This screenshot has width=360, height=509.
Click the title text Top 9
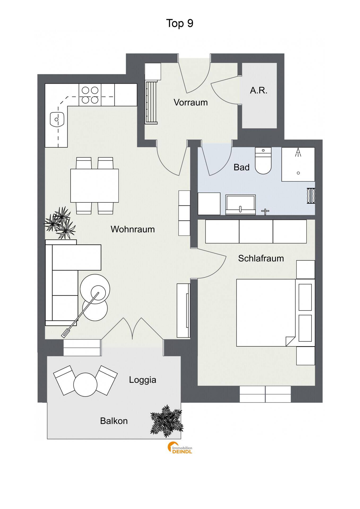point(180,23)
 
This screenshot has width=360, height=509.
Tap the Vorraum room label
point(190,102)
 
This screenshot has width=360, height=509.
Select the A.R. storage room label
point(259,91)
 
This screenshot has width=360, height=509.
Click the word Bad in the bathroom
point(241,167)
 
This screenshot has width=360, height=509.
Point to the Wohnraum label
point(133,229)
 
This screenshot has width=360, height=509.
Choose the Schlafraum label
point(261,258)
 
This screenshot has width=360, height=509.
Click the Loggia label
point(142,380)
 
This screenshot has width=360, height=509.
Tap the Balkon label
point(114,421)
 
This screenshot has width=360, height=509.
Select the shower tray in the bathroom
point(298,164)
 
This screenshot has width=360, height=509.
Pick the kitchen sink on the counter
point(57,119)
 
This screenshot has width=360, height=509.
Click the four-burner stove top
point(90,95)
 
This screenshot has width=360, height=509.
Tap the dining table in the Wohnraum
point(94,186)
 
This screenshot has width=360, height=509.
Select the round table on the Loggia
point(85,384)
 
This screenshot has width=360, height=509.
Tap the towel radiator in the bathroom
point(311,196)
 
